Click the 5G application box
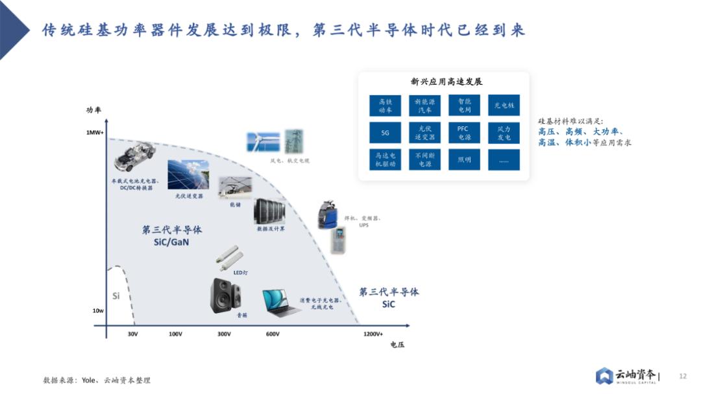[385, 133]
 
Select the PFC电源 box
[463, 133]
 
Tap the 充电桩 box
[504, 106]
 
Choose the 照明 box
[463, 160]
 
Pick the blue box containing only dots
[504, 160]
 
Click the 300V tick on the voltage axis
[224, 334]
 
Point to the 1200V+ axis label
[373, 334]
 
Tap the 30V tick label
[132, 334]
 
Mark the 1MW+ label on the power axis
[95, 132]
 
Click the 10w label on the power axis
[97, 311]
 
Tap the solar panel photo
[188, 174]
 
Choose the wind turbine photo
[263, 142]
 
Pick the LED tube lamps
[229, 257]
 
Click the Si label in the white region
[116, 296]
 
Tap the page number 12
[682, 376]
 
